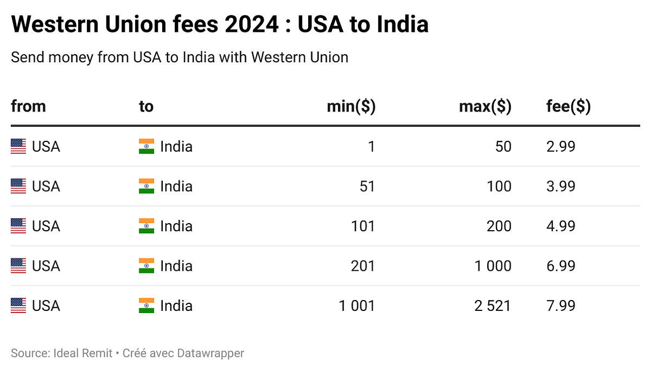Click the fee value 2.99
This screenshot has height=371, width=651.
click(x=560, y=147)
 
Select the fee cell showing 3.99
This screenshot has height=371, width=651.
click(x=560, y=186)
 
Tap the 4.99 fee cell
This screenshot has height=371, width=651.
click(x=560, y=226)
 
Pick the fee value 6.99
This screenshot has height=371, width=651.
click(x=560, y=266)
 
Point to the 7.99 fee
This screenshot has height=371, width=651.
click(x=560, y=306)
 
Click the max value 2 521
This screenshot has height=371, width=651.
click(x=493, y=306)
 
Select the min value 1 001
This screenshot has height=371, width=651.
click(x=357, y=306)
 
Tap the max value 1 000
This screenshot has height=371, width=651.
click(x=493, y=266)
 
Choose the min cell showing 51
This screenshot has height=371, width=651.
click(x=367, y=186)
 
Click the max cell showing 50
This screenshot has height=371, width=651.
click(x=503, y=147)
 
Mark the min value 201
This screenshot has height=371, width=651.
click(x=363, y=266)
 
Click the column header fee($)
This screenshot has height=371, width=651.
click(x=569, y=107)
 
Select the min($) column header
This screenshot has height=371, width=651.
click(x=351, y=107)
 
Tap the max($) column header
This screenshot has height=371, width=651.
click(x=485, y=107)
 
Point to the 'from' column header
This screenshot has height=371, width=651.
click(x=28, y=107)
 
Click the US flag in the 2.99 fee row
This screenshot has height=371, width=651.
click(x=18, y=147)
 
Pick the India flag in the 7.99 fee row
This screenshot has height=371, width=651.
click(x=146, y=306)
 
